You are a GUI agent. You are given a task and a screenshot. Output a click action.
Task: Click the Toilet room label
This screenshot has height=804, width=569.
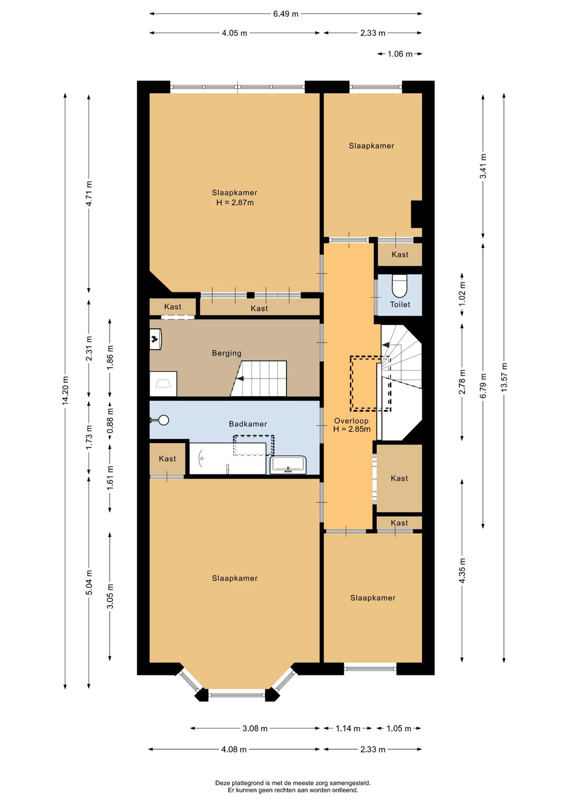[x=400, y=305]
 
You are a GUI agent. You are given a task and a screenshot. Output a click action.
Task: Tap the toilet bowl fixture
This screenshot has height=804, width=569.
[x=398, y=286]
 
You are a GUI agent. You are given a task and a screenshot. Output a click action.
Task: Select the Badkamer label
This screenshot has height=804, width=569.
[x=248, y=424]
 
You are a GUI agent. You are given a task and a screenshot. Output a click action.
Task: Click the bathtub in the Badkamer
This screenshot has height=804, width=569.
[x=228, y=458]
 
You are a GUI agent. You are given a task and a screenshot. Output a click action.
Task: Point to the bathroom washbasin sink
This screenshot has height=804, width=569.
[x=288, y=465]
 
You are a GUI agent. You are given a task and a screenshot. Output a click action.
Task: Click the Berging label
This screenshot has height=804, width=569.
[x=227, y=353]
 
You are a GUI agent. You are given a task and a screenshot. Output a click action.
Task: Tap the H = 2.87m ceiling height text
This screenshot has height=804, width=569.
[x=235, y=203]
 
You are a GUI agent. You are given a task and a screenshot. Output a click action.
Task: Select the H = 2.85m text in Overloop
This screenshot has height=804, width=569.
[x=352, y=429]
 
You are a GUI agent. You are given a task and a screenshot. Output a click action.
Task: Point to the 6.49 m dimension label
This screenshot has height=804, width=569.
[x=286, y=14]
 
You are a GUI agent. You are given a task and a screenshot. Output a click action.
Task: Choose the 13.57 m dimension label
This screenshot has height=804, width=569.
[x=504, y=377]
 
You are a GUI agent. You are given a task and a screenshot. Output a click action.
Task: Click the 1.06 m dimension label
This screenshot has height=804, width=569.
[x=400, y=54]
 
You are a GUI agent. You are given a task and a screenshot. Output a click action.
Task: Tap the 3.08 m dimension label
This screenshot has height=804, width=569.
[x=255, y=728]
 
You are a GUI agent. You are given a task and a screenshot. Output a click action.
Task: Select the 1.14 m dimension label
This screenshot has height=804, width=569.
[x=348, y=728]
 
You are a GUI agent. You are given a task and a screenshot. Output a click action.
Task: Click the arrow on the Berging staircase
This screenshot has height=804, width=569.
[x=240, y=378]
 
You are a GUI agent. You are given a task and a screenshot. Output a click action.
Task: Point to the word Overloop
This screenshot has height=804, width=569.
[x=351, y=420]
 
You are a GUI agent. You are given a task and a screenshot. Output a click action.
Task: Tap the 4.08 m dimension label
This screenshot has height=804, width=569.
[x=234, y=749]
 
